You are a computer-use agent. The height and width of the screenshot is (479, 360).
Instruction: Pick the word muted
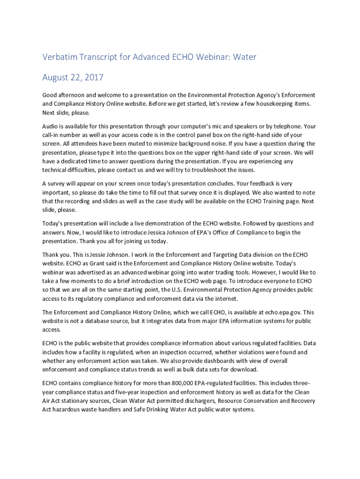click(x=151, y=144)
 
